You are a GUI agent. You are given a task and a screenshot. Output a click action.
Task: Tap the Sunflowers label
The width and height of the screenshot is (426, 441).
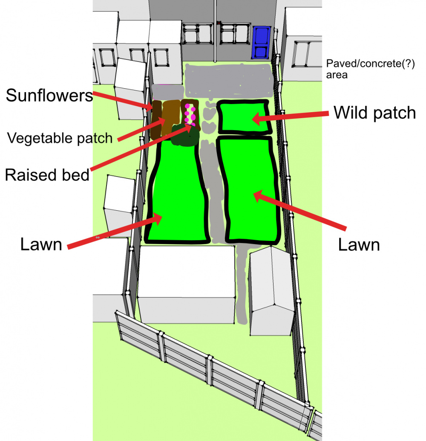(49, 96)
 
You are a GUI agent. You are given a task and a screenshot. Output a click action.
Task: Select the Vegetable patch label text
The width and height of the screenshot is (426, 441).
(60, 138)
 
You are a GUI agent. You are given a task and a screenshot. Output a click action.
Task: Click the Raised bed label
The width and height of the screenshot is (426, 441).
(47, 174)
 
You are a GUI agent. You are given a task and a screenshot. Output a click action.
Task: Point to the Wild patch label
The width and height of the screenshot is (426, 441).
(374, 113)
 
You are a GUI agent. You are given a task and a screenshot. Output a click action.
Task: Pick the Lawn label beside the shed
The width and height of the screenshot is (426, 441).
(359, 245)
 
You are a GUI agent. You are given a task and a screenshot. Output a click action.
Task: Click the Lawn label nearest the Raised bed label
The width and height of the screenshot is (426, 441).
(41, 244)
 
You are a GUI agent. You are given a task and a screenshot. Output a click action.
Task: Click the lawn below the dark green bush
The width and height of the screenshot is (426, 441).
(175, 192)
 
